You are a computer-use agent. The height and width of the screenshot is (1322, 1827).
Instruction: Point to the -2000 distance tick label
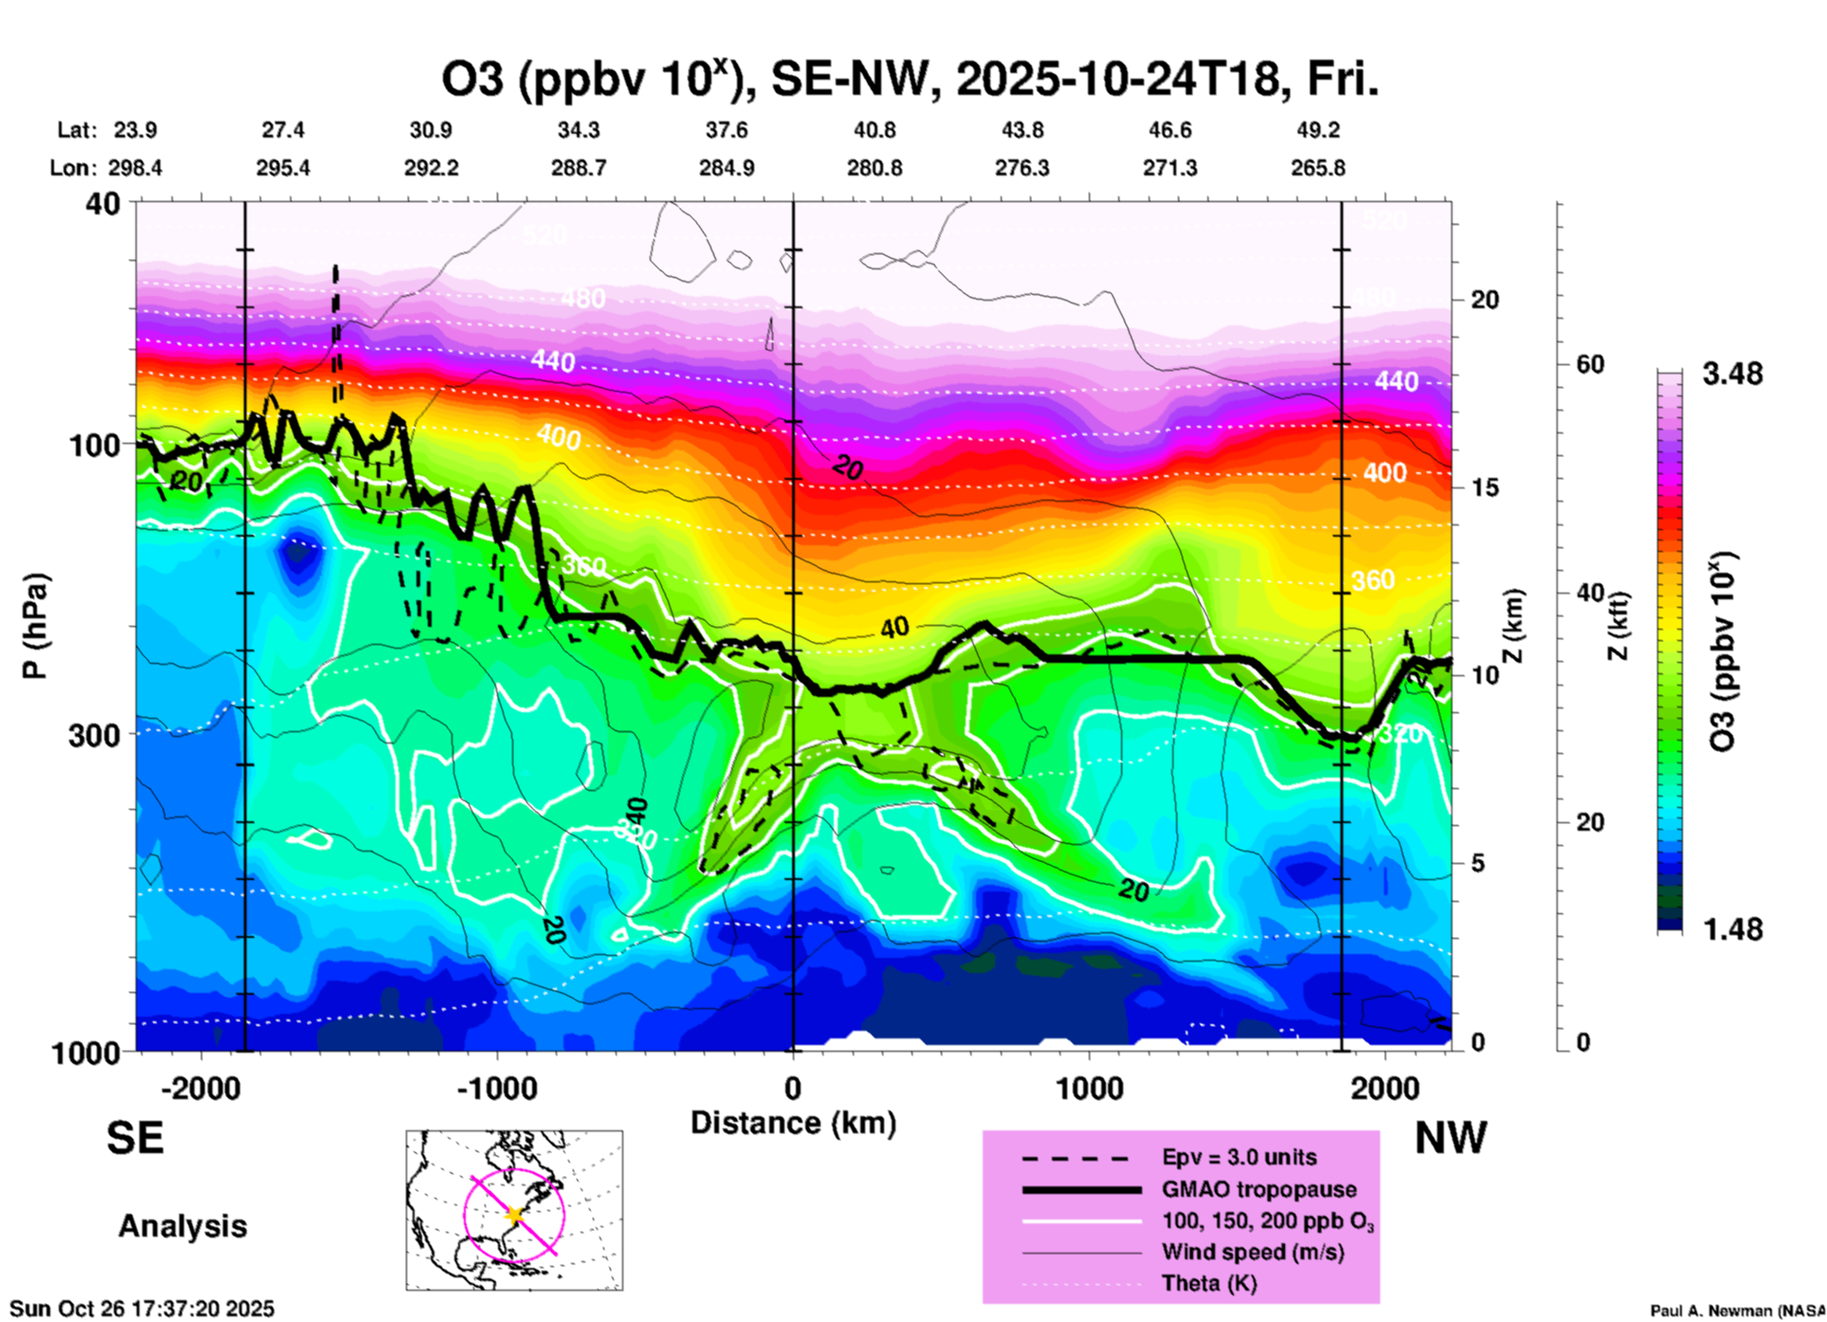[x=200, y=1089]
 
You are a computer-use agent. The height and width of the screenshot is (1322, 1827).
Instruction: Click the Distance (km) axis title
[x=793, y=1123]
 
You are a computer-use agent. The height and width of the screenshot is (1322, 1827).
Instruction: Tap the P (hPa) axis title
[x=35, y=625]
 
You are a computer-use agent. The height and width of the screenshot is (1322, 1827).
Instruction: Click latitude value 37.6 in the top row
[x=726, y=130]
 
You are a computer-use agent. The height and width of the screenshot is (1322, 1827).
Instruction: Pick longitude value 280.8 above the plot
[x=874, y=168]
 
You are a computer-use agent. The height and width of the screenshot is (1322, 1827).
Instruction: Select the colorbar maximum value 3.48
[x=1732, y=375]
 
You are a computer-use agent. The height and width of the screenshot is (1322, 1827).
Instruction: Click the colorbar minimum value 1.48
[x=1732, y=928]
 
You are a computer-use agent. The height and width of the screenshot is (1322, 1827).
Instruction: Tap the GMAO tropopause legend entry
[x=1259, y=1189]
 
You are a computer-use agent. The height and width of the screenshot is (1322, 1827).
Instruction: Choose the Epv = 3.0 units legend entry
[x=1239, y=1157]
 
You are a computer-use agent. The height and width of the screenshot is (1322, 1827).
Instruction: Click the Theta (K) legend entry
[x=1209, y=1283]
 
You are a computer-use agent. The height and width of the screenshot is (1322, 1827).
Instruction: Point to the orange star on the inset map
[x=514, y=1214]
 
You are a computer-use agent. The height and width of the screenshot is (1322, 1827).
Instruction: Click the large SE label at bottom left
[x=135, y=1138]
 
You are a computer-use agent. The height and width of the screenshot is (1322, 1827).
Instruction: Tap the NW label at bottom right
[x=1450, y=1138]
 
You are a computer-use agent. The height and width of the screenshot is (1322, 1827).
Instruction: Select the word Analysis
[x=182, y=1226]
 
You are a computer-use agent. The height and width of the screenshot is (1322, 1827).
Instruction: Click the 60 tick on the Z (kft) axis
[x=1590, y=364]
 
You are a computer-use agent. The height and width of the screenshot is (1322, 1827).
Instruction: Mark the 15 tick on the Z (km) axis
[x=1485, y=487]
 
